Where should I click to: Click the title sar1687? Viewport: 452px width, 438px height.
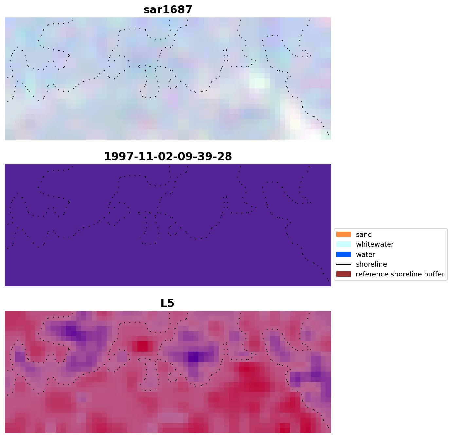pos(168,10)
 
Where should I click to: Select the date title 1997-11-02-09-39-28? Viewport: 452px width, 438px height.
pos(168,157)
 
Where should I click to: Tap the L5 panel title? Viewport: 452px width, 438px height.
pos(167,303)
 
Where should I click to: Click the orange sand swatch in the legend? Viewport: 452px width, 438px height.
pos(343,235)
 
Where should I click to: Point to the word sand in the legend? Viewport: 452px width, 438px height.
pos(364,235)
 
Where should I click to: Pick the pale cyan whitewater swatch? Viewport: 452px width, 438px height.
pos(343,244)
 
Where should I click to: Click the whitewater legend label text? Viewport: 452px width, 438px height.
pos(375,244)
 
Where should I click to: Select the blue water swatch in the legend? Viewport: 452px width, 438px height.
pos(343,255)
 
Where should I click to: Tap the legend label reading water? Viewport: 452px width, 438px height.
pos(365,255)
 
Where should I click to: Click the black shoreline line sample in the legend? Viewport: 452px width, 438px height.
pos(343,264)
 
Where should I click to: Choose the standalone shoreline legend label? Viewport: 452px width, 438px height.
pos(371,264)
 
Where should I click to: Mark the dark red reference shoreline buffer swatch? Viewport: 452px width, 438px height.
pos(343,274)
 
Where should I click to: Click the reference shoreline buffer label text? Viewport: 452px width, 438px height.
pos(400,274)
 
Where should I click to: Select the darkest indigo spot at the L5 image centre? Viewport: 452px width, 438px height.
pos(194,356)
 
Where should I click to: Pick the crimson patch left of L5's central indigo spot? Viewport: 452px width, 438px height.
pos(142,346)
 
